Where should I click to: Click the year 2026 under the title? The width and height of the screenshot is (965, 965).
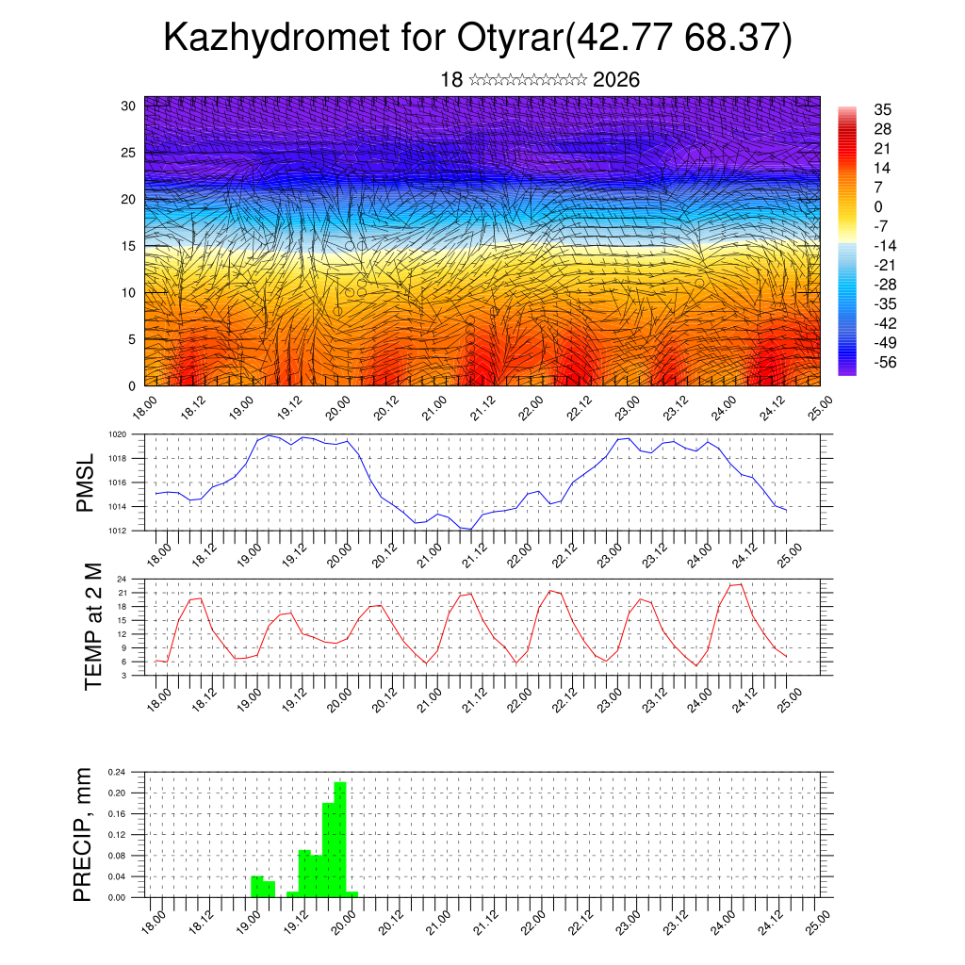(616, 80)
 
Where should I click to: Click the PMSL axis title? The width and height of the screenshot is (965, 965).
(85, 482)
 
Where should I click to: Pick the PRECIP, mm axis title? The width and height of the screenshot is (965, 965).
(85, 834)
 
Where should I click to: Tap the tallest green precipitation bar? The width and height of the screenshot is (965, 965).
(340, 839)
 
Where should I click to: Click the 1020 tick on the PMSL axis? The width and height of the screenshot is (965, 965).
(117, 434)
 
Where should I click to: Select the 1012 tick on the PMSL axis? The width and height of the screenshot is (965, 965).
(117, 531)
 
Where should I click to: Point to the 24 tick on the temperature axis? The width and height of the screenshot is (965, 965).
(122, 579)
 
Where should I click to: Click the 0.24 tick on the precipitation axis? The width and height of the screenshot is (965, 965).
(115, 772)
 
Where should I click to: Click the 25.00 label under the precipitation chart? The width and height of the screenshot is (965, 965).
(818, 921)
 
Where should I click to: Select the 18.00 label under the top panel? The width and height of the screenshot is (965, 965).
(143, 409)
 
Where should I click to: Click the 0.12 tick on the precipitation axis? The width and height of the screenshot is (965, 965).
(115, 835)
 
